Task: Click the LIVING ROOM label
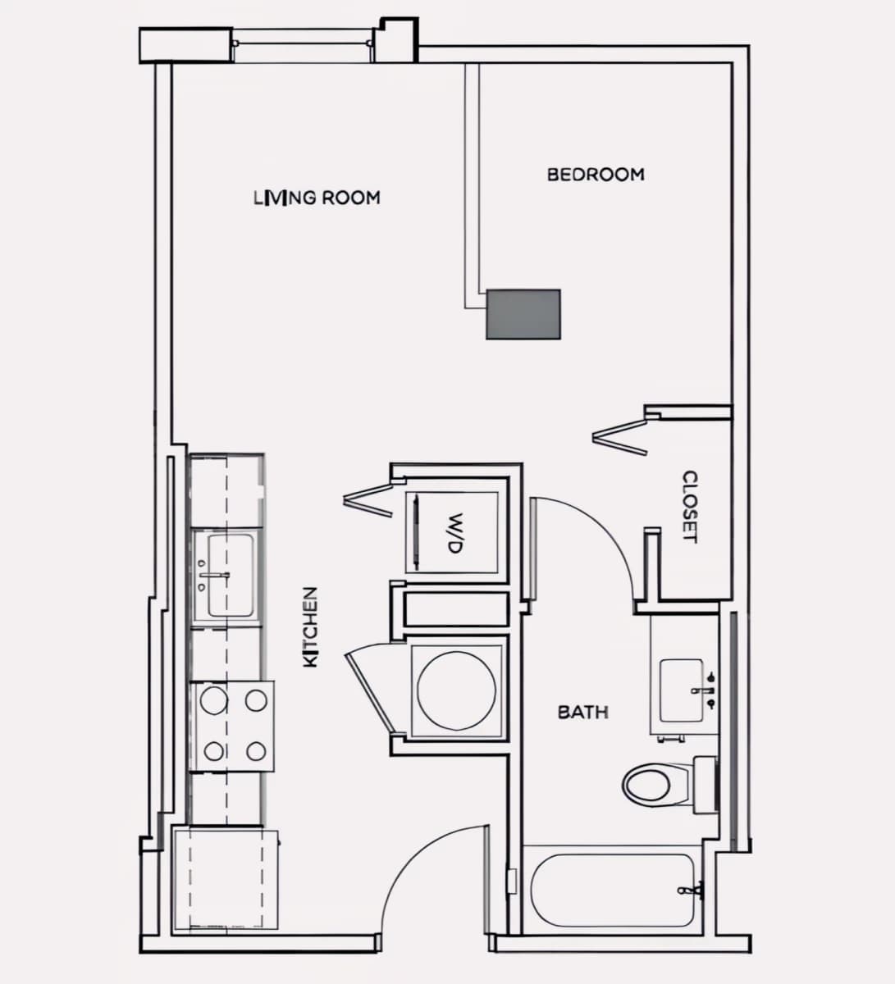click(317, 198)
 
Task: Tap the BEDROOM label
click(596, 175)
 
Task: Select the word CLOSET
click(690, 507)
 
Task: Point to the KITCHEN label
click(311, 627)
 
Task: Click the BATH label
click(583, 712)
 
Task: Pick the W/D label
click(455, 533)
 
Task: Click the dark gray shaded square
click(523, 314)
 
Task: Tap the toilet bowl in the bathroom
click(647, 784)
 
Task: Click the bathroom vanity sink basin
click(682, 690)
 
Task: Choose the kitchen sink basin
click(231, 576)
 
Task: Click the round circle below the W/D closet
click(457, 690)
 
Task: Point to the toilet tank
click(705, 785)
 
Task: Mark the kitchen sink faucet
click(214, 575)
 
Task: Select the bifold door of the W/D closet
click(368, 500)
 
